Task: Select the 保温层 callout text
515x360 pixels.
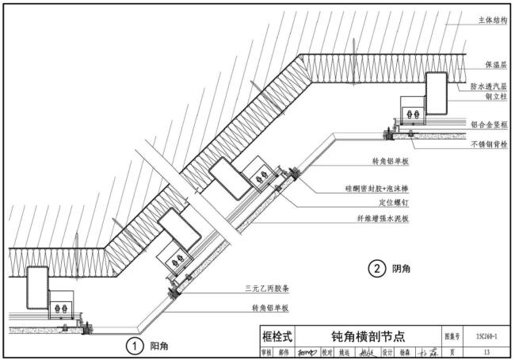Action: coord(495,63)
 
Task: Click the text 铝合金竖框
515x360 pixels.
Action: coord(490,124)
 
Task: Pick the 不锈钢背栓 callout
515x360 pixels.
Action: coord(490,145)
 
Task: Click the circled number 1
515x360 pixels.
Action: coord(136,346)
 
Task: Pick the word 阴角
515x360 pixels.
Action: coord(402,269)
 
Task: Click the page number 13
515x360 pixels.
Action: coord(486,352)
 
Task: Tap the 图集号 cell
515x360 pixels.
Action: coord(452,336)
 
